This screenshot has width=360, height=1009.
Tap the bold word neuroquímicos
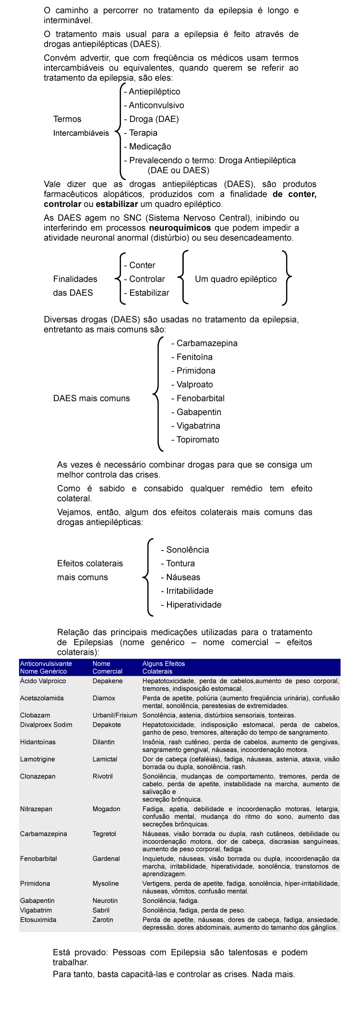180,228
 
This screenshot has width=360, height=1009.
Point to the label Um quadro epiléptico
236,279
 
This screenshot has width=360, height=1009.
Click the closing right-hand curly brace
287,277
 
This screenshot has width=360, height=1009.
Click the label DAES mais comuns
91,398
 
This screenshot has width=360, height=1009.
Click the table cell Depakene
108,681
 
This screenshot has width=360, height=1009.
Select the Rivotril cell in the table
103,776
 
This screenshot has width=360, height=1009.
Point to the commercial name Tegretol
104,834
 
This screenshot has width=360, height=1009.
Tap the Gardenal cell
106,859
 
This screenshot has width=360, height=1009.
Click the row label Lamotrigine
37,759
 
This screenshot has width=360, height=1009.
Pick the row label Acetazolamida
42,698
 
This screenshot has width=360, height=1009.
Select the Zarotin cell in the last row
103,920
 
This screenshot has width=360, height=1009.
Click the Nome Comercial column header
107,668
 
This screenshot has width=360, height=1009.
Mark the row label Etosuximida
38,920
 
